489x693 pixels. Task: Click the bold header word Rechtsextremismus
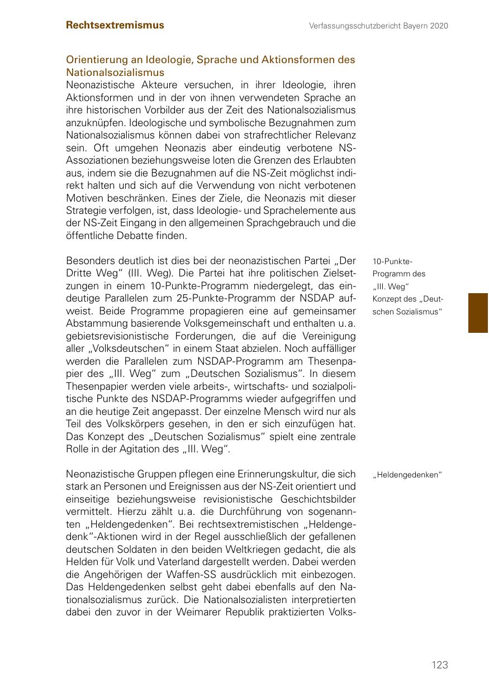coord(115,25)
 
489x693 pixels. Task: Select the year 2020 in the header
coord(439,26)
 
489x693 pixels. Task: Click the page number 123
coord(440,665)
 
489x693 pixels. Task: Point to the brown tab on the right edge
coord(478,313)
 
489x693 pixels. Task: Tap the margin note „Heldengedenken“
coord(408,475)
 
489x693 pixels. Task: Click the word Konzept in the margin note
coord(386,299)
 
